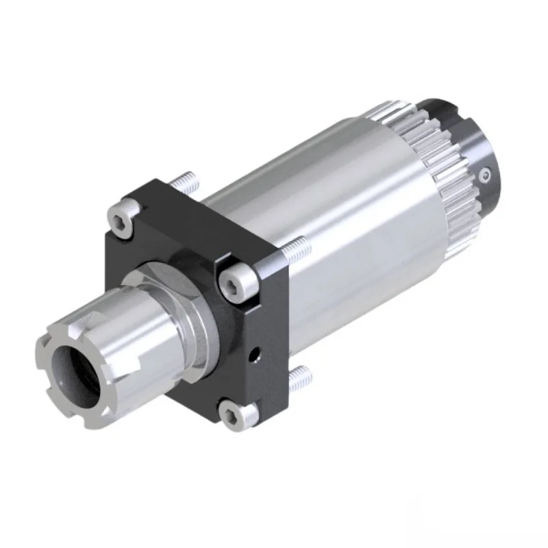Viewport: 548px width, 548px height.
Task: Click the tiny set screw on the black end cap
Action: tap(485, 177)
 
